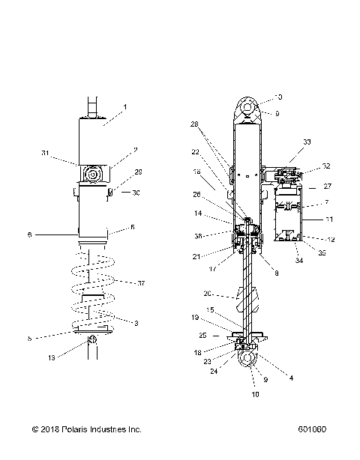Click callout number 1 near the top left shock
(x=124, y=107)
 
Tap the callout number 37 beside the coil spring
(x=139, y=282)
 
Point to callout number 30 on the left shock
(x=136, y=193)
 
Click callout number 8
(x=276, y=273)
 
